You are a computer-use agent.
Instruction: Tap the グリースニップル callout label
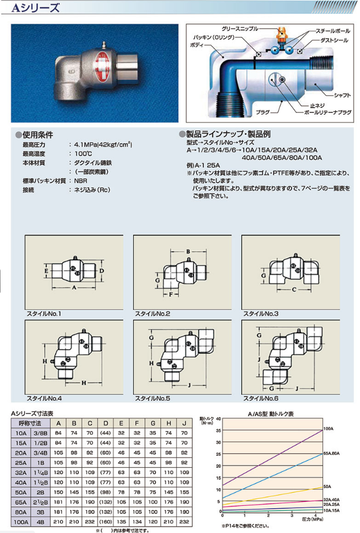point(248,28)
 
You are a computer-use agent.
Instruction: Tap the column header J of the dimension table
point(183,424)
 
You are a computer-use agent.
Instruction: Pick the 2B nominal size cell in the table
point(41,493)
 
